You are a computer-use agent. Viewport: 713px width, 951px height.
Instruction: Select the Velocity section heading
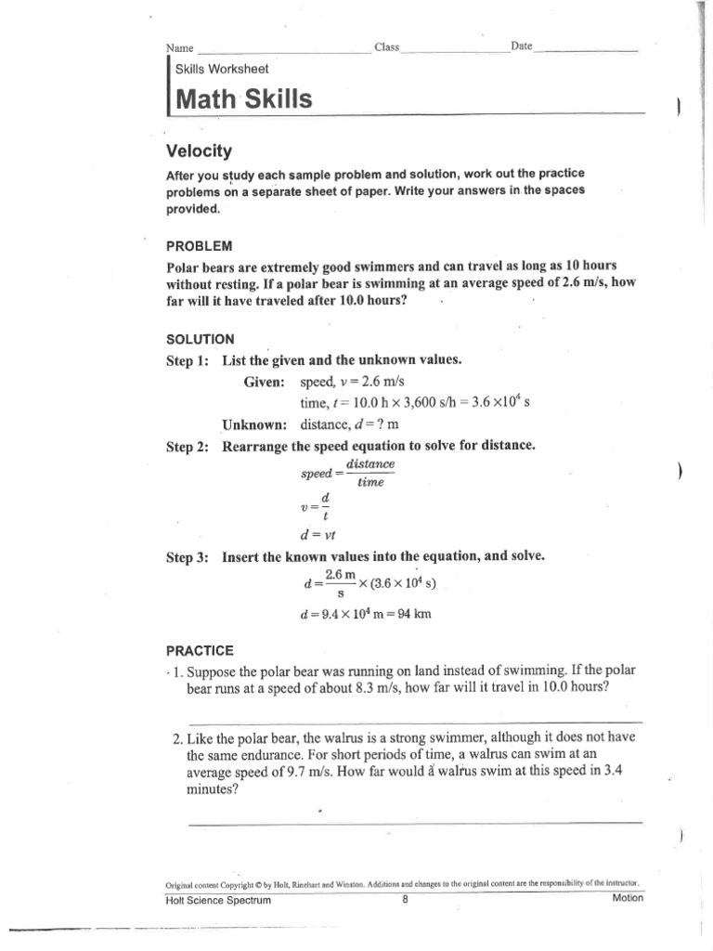(x=198, y=150)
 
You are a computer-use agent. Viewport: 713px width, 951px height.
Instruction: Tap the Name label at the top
(x=179, y=47)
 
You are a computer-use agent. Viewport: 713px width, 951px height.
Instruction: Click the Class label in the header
(x=386, y=46)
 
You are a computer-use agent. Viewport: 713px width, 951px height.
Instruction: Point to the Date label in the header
(x=521, y=46)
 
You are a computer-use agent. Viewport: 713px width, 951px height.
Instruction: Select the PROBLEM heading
(x=198, y=246)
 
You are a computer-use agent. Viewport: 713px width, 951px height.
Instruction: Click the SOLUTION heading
(x=200, y=339)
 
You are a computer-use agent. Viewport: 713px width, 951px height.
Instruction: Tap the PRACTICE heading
(x=200, y=650)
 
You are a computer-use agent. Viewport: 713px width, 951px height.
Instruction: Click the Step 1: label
(x=188, y=360)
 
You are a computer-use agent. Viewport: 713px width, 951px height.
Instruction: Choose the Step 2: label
(x=188, y=446)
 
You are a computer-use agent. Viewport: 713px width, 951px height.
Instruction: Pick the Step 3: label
(x=188, y=556)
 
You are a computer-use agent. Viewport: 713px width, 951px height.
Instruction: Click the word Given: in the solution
(x=267, y=382)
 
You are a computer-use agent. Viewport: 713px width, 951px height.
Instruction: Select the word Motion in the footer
(x=627, y=899)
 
